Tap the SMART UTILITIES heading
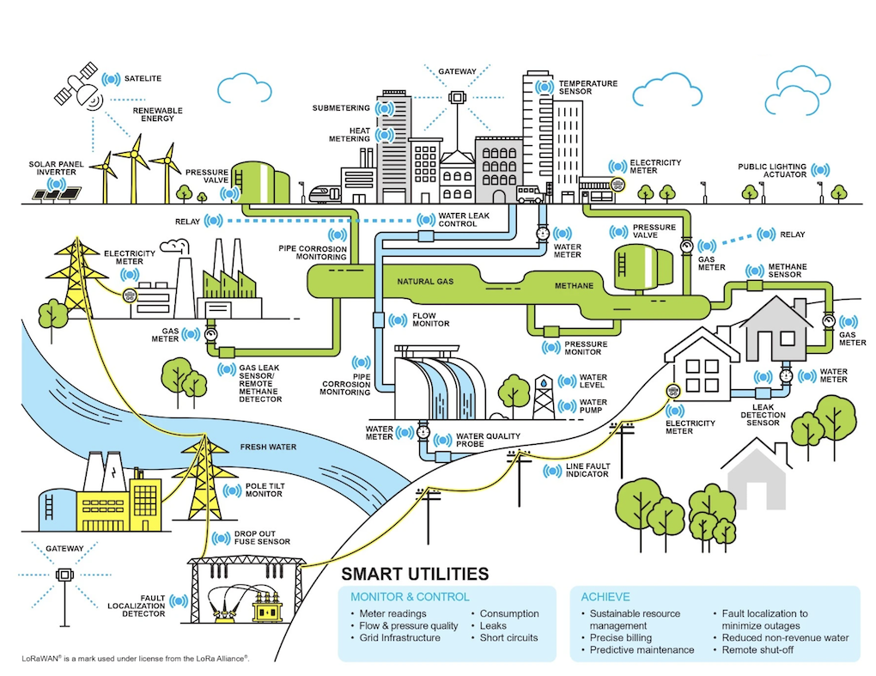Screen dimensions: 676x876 click(415, 574)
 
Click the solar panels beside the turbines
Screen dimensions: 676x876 click(58, 193)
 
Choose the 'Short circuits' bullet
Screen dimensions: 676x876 click(508, 637)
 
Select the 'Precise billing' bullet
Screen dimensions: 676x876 click(621, 638)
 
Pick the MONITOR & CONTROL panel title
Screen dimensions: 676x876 click(410, 597)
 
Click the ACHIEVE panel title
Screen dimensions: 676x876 click(605, 597)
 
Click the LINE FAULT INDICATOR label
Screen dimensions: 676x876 click(587, 470)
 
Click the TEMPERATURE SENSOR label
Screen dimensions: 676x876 click(587, 88)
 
